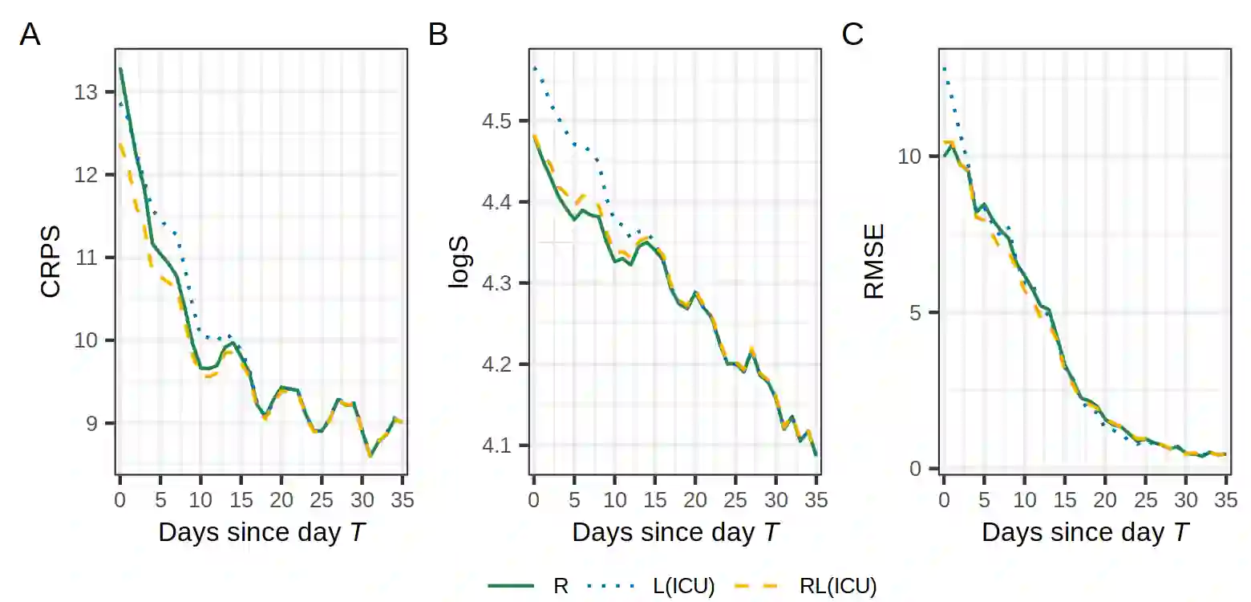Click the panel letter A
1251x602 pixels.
click(30, 35)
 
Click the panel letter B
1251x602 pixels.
click(439, 35)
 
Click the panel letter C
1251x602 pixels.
click(852, 35)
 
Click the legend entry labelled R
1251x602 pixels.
click(561, 586)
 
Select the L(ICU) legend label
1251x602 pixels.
click(683, 586)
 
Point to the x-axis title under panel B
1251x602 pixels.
click(674, 532)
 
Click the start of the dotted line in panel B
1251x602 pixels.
click(534, 67)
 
